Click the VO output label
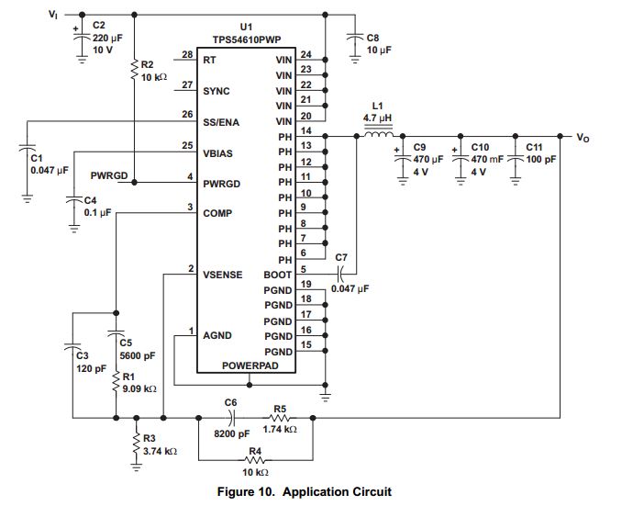583,138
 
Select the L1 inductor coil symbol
378,135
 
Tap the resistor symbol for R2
134,66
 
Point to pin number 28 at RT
187,56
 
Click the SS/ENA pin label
222,121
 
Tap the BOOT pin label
278,273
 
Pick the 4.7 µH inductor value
378,118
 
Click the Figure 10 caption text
304,491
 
